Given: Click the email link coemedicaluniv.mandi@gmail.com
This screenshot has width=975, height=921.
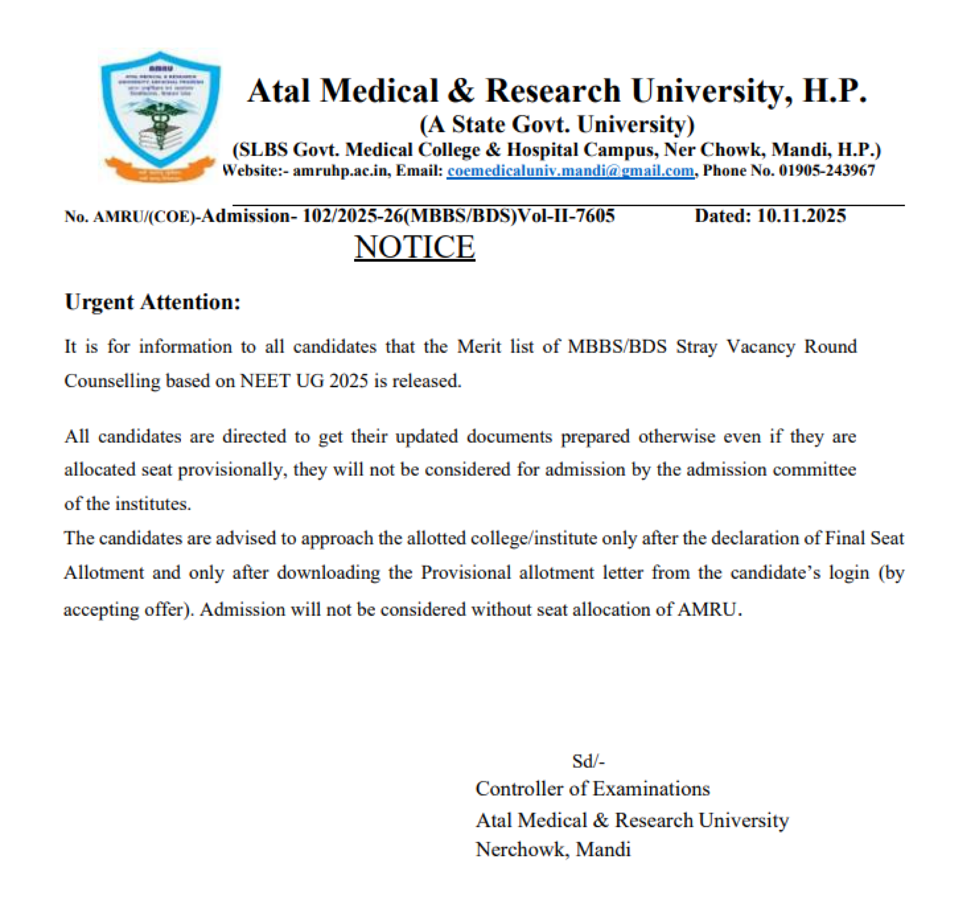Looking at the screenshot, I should coord(570,171).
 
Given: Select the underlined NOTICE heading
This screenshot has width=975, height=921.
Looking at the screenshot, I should coord(415,247).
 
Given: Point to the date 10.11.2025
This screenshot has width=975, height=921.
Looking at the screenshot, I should coord(801,216).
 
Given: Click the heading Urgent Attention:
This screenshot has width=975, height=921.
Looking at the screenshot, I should coord(153,302).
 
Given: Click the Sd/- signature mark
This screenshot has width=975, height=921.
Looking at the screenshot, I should coord(588,761).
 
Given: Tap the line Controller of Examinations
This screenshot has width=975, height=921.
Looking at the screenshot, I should coord(592,789).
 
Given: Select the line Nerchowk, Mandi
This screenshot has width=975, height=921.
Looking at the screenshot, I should coord(553,850).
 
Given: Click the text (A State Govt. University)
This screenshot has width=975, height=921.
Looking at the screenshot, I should coord(557,124).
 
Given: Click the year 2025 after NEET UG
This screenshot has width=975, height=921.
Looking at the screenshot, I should coord(349,381).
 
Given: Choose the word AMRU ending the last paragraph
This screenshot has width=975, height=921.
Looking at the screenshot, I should coord(708,610).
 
